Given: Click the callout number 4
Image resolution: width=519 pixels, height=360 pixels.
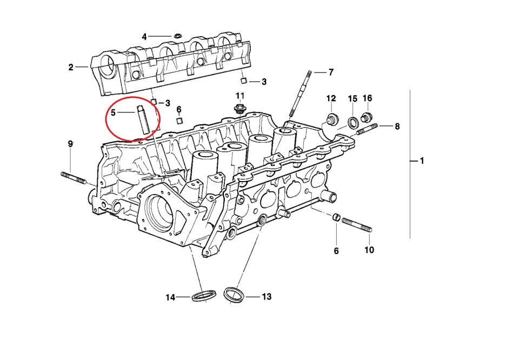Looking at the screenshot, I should click(144, 37).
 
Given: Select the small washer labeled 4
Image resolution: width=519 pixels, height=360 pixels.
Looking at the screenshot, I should click(177, 37).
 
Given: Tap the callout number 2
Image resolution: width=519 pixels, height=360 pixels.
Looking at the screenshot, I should click(71, 67).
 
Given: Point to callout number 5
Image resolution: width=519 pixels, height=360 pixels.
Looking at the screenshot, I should click(113, 112).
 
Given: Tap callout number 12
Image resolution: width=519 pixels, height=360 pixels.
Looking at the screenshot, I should click(331, 98).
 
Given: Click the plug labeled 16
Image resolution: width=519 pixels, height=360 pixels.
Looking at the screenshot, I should click(367, 118).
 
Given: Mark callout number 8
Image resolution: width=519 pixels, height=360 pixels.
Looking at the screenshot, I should click(397, 126).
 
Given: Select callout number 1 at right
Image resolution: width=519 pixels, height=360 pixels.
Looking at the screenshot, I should click(422, 161).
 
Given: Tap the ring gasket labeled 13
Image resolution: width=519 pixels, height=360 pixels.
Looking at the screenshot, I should click(234, 295).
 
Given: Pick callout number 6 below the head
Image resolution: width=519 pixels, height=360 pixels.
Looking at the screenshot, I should click(336, 251).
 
